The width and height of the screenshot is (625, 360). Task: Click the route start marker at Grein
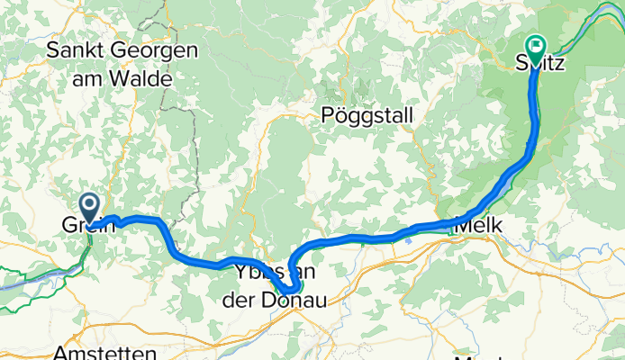[x=90, y=204]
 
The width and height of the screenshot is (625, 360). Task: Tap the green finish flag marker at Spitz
[x=537, y=45]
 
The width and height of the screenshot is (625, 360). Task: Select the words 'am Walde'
[x=122, y=77]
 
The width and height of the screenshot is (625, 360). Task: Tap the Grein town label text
[x=89, y=225]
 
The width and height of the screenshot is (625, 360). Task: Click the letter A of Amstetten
[x=59, y=353]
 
